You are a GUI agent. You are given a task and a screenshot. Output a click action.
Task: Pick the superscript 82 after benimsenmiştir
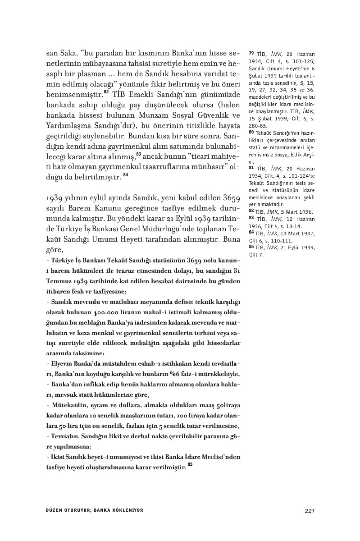106,92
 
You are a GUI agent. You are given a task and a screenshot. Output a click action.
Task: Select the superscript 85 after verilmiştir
190,464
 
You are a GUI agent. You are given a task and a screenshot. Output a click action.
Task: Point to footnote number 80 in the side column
251,132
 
